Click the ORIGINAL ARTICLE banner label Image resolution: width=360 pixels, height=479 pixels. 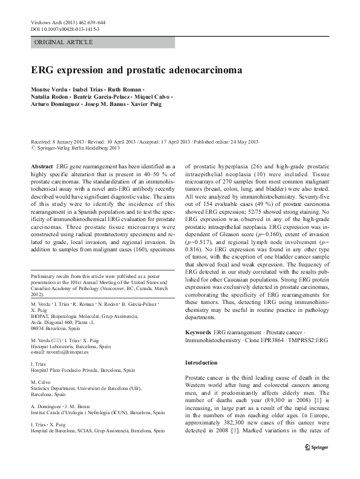pos(64,42)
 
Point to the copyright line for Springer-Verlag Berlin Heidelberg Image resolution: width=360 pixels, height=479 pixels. pos(76,147)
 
